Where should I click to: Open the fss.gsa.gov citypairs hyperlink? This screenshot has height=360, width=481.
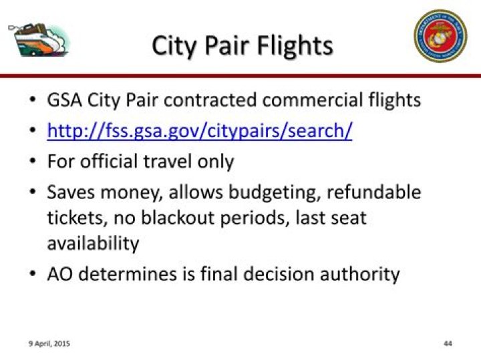click(x=199, y=130)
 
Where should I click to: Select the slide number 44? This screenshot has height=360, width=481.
click(x=448, y=343)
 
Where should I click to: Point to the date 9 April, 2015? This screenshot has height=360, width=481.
click(x=49, y=343)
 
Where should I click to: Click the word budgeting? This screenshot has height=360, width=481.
click(x=277, y=192)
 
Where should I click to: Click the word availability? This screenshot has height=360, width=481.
click(x=93, y=243)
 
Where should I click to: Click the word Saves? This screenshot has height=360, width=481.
click(x=69, y=192)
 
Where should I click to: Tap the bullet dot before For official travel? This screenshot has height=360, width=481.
click(x=33, y=162)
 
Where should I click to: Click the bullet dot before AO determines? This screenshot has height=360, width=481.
click(x=33, y=275)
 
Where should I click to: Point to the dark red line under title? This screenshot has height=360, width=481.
click(x=240, y=76)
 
